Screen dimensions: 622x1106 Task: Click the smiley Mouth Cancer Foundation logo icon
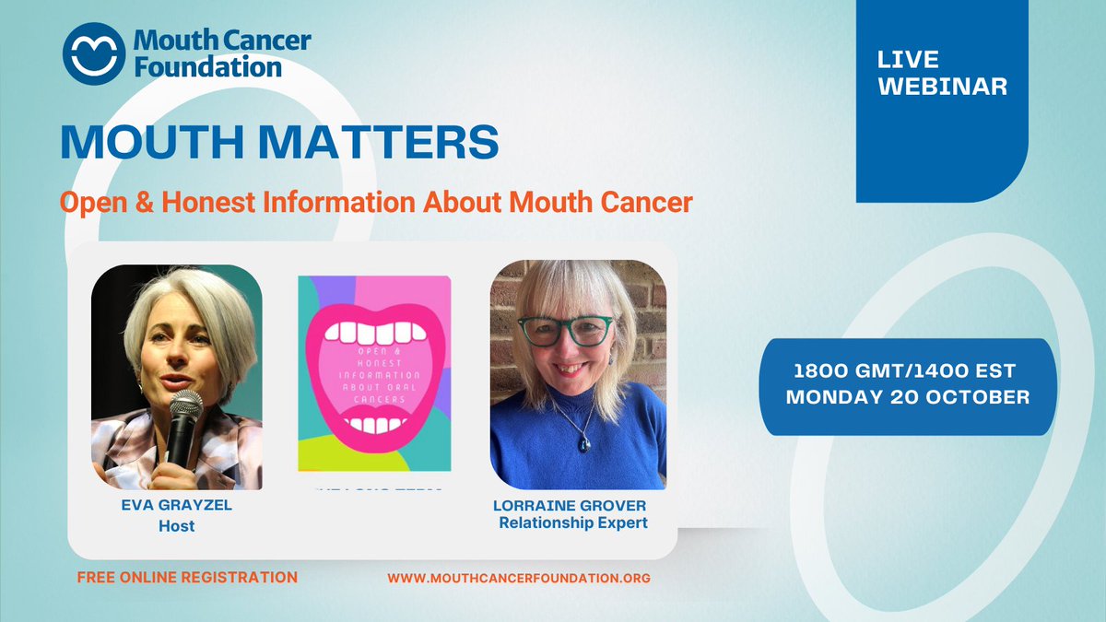92,54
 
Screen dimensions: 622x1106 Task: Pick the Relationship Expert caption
573,523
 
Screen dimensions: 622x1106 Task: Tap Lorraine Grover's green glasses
565,328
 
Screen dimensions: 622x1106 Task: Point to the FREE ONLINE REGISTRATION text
187,578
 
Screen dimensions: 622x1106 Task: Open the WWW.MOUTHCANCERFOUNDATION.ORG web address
519,579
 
